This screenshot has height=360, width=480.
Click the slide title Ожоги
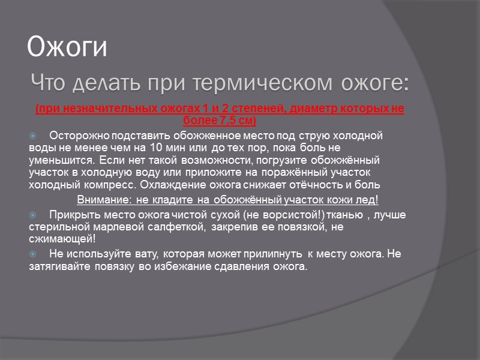point(68,47)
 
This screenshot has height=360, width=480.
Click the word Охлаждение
point(170,184)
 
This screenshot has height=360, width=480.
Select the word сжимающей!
point(58,238)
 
